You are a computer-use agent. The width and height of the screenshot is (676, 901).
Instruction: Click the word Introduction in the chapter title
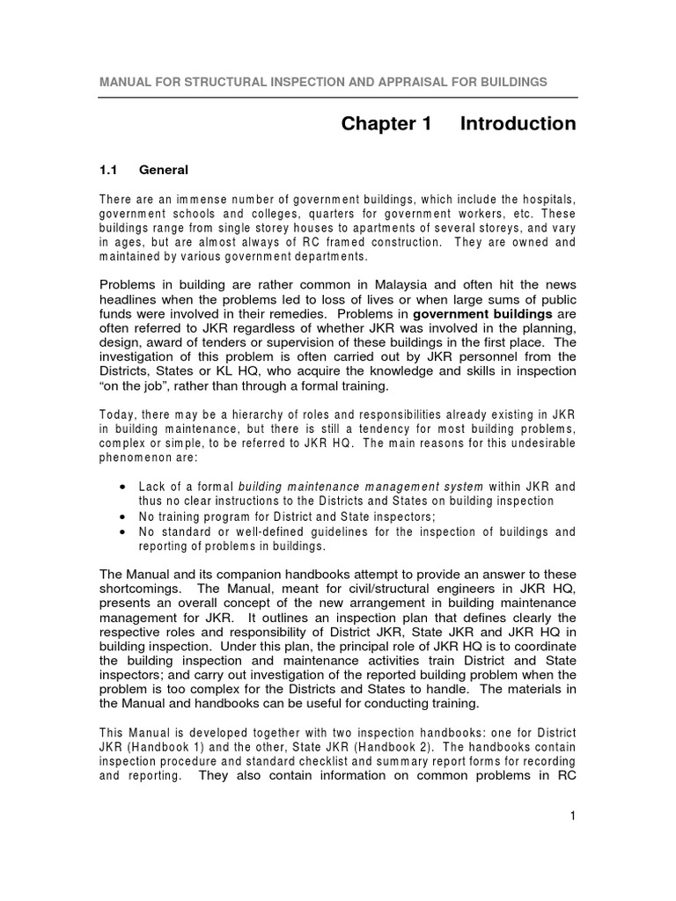click(518, 124)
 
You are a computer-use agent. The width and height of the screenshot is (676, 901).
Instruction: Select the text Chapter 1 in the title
click(386, 124)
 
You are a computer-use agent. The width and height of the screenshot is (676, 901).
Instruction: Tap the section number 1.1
click(108, 170)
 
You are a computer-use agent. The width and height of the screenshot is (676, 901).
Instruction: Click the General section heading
click(164, 170)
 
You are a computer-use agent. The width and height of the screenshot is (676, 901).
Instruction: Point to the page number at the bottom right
click(571, 817)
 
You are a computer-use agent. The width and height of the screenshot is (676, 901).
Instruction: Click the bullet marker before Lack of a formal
click(121, 487)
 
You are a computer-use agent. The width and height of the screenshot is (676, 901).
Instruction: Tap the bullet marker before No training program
click(121, 516)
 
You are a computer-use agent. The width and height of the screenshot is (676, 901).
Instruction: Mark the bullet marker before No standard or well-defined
click(121, 531)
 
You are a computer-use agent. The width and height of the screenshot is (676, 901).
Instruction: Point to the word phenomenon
click(136, 458)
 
